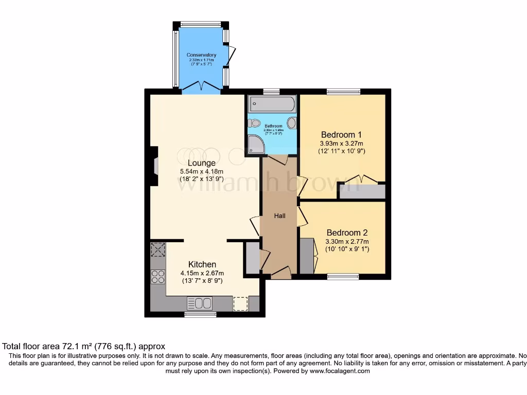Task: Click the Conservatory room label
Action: pos(201,55)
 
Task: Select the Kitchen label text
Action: pos(202,264)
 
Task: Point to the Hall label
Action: pos(279,216)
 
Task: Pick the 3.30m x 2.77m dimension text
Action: pos(347,242)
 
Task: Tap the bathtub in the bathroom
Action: pos(272,105)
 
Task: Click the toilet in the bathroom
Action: pos(254,123)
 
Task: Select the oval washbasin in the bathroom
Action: pos(292,123)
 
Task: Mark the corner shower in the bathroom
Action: pos(255,145)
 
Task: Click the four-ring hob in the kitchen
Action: pos(157,277)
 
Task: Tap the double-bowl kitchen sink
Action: pos(200,303)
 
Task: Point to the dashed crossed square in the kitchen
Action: pos(157,250)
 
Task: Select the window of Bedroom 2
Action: pos(343,277)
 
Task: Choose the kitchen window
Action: pos(200,314)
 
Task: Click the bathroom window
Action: pos(271,92)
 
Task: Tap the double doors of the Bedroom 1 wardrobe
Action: pos(362,180)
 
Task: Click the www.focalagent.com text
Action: pos(340,371)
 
